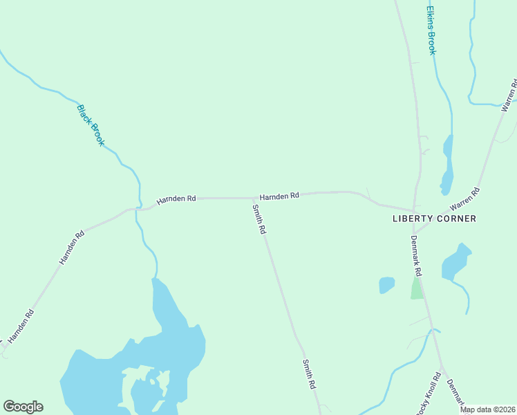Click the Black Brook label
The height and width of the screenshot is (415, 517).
(x=91, y=125)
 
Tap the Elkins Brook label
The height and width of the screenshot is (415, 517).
(x=431, y=31)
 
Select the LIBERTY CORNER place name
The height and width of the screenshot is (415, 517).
(x=434, y=219)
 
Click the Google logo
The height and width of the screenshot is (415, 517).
(x=23, y=407)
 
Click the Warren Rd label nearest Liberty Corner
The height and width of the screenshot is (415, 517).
(x=464, y=199)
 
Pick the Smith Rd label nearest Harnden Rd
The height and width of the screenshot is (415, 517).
(x=259, y=219)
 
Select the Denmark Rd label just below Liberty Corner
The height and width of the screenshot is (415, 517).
(x=417, y=256)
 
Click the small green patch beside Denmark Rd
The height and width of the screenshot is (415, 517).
(x=417, y=289)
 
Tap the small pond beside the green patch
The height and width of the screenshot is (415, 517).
(x=386, y=285)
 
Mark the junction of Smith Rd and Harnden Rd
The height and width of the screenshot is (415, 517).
(x=251, y=198)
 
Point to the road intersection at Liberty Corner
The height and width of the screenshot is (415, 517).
(x=413, y=211)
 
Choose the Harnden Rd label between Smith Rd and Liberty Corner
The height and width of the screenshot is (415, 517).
(x=279, y=196)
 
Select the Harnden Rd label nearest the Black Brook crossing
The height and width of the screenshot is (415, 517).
(x=176, y=199)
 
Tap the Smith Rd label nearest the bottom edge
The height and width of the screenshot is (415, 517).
(x=309, y=374)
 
